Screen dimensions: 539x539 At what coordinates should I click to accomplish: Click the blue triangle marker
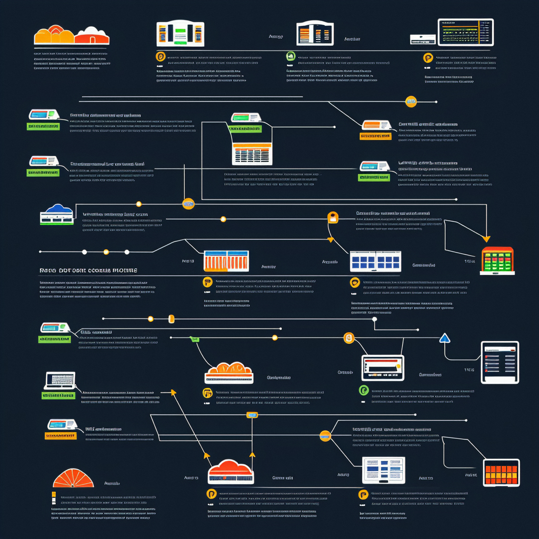click(445, 338)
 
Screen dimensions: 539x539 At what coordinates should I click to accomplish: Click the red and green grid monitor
click(497, 260)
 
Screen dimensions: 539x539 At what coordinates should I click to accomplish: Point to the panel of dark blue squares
click(375, 261)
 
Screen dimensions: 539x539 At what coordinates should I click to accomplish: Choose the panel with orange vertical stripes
click(226, 261)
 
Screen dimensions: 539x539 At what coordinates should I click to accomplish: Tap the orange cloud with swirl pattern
click(229, 371)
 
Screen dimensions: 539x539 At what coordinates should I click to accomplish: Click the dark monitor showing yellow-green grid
click(466, 32)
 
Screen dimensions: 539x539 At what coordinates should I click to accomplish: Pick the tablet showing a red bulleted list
click(500, 362)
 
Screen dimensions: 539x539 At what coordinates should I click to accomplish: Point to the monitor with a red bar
click(383, 367)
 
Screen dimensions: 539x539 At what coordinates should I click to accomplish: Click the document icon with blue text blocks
click(383, 470)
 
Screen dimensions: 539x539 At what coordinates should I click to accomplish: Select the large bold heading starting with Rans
click(88, 270)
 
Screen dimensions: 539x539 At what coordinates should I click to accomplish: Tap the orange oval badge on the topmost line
click(411, 101)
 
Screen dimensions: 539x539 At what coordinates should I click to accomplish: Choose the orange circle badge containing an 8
click(348, 338)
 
